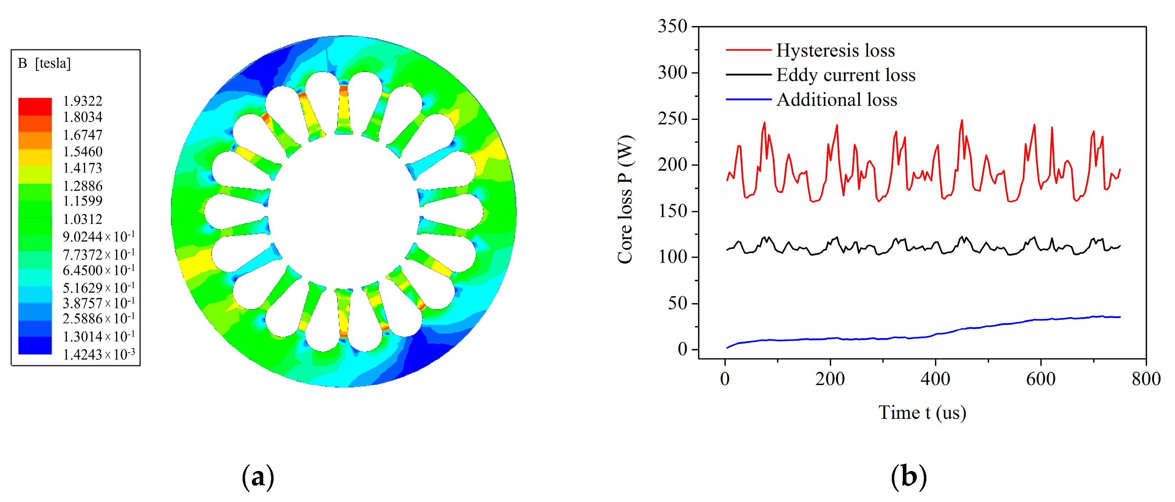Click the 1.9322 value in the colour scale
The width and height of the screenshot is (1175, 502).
(82, 101)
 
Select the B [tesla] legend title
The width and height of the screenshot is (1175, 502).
(44, 63)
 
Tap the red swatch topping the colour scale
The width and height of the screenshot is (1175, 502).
(35, 106)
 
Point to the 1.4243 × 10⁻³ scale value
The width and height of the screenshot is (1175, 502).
(98, 354)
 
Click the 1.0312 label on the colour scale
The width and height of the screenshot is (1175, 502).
(82, 219)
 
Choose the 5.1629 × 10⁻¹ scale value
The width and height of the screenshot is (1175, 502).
(98, 288)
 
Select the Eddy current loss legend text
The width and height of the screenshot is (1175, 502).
(846, 75)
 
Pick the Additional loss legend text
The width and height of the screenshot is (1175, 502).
(836, 99)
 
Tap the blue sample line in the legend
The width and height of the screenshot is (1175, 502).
(748, 99)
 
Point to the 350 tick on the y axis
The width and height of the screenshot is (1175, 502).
(672, 26)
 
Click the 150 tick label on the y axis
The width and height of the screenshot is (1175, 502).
(672, 211)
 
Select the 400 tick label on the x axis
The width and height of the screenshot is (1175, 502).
(935, 379)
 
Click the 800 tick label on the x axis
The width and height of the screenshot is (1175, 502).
(1146, 379)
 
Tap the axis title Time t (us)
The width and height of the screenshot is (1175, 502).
(922, 413)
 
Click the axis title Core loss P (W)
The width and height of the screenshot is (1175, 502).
(625, 199)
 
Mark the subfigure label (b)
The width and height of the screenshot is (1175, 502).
(908, 477)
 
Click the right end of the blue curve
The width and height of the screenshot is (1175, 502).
(1119, 317)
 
